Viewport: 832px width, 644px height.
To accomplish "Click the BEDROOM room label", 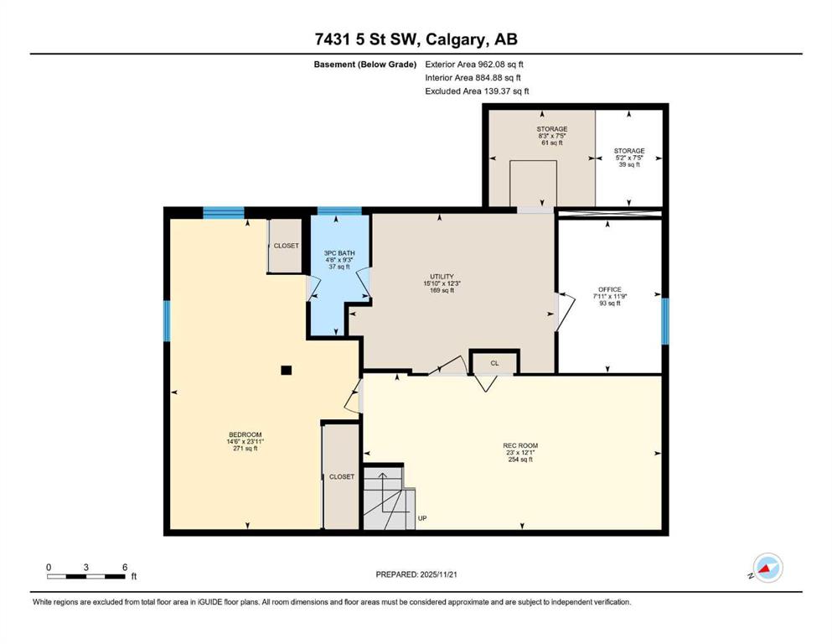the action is (245, 434).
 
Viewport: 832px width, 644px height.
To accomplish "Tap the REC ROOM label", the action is (520, 445).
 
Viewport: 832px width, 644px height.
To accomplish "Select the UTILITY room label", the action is (442, 277).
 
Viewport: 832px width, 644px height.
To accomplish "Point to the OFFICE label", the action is (610, 289).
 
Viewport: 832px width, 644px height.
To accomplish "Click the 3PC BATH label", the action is (339, 253).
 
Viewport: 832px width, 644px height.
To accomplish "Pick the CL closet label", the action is (494, 363).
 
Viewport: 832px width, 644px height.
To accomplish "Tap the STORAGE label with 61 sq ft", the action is (552, 129).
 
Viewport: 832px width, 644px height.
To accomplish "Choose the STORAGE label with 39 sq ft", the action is (629, 151).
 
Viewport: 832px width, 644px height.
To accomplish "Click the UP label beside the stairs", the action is (422, 518).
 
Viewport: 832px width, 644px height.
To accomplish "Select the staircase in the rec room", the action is (389, 498).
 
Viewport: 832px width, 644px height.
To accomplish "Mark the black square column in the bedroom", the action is (286, 370).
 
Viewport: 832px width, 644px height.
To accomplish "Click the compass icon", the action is (767, 568).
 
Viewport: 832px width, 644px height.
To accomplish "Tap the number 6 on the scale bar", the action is (125, 567).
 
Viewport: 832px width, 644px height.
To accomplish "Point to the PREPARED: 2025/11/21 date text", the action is (416, 574).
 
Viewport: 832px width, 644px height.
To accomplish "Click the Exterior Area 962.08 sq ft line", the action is (474, 65).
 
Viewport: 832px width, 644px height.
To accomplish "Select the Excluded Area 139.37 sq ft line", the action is (477, 91).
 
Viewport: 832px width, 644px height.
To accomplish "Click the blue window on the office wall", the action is (665, 321).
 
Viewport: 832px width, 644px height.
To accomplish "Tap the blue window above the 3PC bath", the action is (339, 210).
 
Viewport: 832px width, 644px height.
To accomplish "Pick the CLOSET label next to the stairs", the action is (342, 477).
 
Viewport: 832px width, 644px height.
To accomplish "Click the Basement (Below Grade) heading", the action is (365, 65).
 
